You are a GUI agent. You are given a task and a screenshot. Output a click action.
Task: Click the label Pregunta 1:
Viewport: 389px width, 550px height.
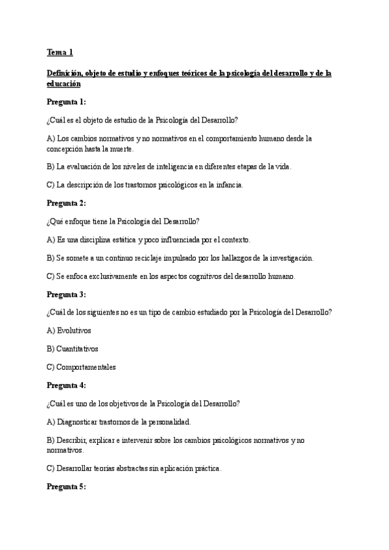point(66,102)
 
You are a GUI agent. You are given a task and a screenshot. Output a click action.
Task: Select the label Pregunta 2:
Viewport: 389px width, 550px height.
point(66,203)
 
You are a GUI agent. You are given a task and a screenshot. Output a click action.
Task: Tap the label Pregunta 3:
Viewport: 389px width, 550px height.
point(66,294)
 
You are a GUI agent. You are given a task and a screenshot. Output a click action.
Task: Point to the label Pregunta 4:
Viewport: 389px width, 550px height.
point(66,385)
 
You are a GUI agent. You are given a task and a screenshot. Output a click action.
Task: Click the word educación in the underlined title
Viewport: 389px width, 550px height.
point(64,84)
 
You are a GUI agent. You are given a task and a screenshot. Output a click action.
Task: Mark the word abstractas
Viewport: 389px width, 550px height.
point(130,468)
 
